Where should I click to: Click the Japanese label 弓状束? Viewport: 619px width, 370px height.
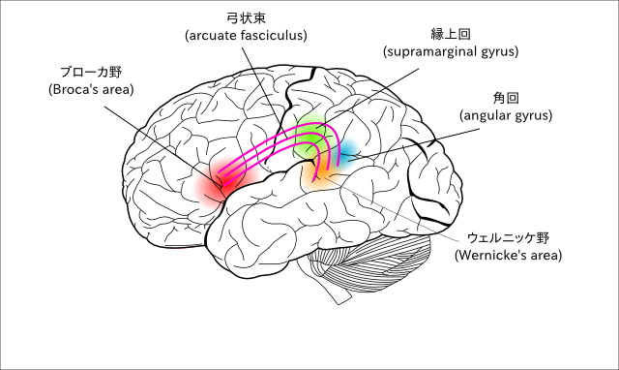pos(246,18)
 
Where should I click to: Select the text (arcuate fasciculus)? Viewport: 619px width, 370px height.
pos(246,36)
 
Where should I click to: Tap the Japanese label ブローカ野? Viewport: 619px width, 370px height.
pos(91,73)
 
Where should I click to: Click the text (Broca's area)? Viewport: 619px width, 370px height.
pos(91,90)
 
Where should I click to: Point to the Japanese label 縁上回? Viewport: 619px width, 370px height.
pos(451,35)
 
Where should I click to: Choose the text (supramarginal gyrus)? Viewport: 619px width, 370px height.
pos(451,51)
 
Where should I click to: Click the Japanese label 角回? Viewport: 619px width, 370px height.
pos(506,98)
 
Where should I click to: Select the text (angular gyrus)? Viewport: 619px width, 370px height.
pos(506,115)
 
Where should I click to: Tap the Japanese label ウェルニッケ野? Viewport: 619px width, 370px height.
pos(508,238)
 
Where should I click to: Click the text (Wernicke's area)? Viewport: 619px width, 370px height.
pos(508,256)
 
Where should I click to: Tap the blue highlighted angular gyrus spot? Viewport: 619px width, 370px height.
pos(347,154)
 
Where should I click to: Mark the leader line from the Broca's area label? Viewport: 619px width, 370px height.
pos(164,146)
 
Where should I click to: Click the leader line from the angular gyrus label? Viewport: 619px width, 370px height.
pos(414,144)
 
